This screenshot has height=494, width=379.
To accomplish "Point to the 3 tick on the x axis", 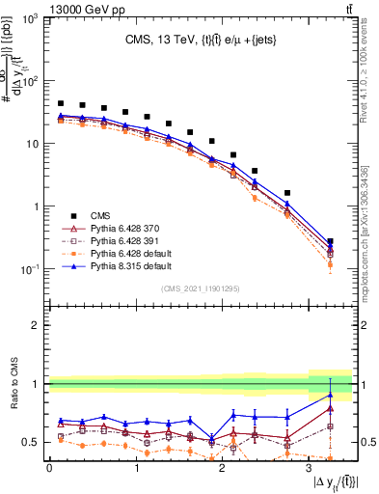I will click(310, 468).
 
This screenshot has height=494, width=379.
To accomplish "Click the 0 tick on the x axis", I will click(49, 468).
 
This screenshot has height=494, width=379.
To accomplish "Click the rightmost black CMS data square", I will click(331, 242).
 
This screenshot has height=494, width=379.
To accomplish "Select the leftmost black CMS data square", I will click(61, 103).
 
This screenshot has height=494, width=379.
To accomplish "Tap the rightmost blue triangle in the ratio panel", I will click(331, 395).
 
